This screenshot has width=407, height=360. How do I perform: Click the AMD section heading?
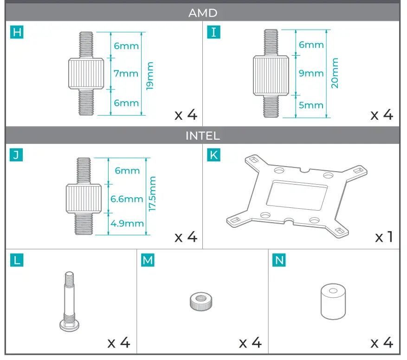(203, 13)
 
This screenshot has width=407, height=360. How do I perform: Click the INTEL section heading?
(203, 135)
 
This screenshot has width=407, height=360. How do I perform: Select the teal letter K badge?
(213, 155)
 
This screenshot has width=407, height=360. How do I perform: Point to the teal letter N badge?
(279, 260)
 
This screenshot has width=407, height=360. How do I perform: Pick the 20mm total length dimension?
(335, 73)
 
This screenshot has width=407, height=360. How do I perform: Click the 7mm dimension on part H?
(126, 73)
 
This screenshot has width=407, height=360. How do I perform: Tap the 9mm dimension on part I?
(311, 73)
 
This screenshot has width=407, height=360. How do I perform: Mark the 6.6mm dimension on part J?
(127, 199)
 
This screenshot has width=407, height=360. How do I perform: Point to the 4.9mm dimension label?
(127, 224)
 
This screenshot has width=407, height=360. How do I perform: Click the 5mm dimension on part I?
(311, 105)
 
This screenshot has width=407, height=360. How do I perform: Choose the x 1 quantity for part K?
(384, 237)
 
